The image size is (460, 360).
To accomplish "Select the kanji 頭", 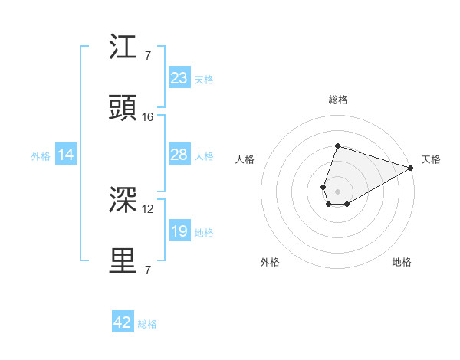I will (x=123, y=109).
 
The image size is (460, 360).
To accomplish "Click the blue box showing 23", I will (x=179, y=78).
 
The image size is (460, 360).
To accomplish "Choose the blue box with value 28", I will (x=179, y=155).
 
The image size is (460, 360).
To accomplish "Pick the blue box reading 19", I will (x=179, y=231).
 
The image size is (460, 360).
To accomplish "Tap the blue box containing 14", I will (x=66, y=155).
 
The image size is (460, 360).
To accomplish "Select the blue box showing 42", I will (x=123, y=322).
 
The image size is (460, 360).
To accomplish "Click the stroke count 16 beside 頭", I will (x=148, y=117).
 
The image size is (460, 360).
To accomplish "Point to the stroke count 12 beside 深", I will (x=148, y=208).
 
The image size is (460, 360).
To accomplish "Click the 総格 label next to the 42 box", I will (x=147, y=324).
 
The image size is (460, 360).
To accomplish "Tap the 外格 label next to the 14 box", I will (x=41, y=156).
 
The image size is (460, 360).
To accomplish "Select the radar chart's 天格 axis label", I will (x=431, y=159).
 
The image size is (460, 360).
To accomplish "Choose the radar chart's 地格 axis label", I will (x=402, y=262).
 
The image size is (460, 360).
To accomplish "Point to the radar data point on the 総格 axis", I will (x=337, y=146).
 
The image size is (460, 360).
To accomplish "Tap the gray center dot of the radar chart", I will (x=337, y=190).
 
